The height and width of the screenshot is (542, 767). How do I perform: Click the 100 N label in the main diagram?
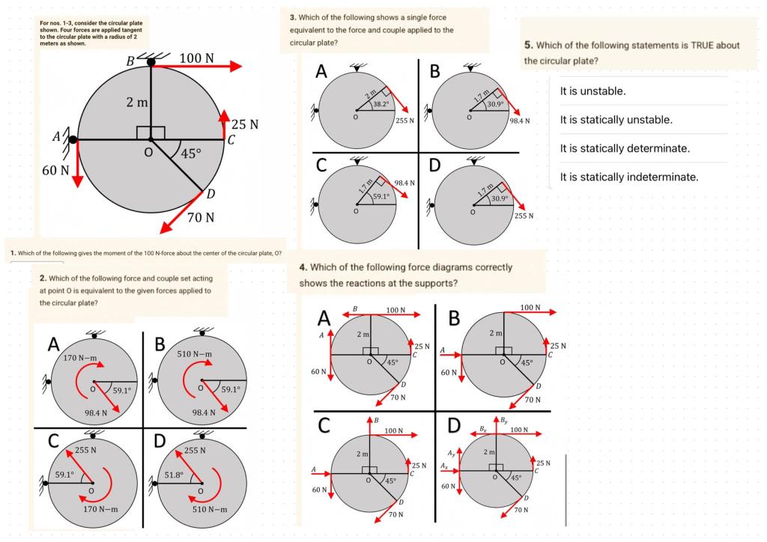197,58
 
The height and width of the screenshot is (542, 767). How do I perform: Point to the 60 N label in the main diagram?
56,170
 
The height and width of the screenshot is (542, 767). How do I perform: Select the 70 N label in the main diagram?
201,218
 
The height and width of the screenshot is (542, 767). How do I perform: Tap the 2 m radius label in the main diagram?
138,102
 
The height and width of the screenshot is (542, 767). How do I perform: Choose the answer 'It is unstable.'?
592,91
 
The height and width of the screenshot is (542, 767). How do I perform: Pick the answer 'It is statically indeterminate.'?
629,177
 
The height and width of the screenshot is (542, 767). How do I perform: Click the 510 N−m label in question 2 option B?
195,353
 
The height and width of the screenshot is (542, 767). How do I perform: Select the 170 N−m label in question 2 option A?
79,359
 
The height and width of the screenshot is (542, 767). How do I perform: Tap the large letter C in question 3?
321,164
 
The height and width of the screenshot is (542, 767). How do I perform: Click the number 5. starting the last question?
529,46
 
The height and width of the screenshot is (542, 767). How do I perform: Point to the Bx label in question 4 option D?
484,429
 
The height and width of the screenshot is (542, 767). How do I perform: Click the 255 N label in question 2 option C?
86,451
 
